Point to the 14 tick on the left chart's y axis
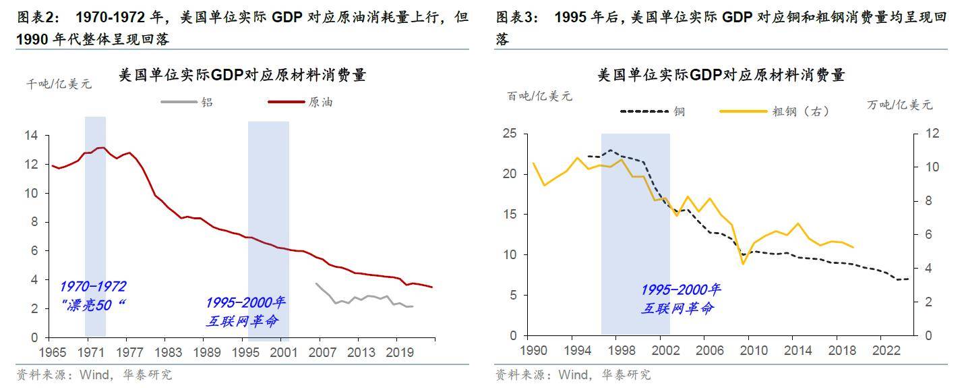[x=31, y=136]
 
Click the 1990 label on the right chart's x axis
[x=533, y=350]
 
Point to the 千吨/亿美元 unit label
[x=59, y=84]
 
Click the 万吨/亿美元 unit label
[x=900, y=105]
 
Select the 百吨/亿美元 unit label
[x=539, y=96]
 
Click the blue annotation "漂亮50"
[x=96, y=305]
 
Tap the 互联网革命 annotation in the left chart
[x=242, y=321]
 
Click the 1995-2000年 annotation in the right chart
[x=680, y=290]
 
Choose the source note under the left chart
[x=94, y=375]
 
